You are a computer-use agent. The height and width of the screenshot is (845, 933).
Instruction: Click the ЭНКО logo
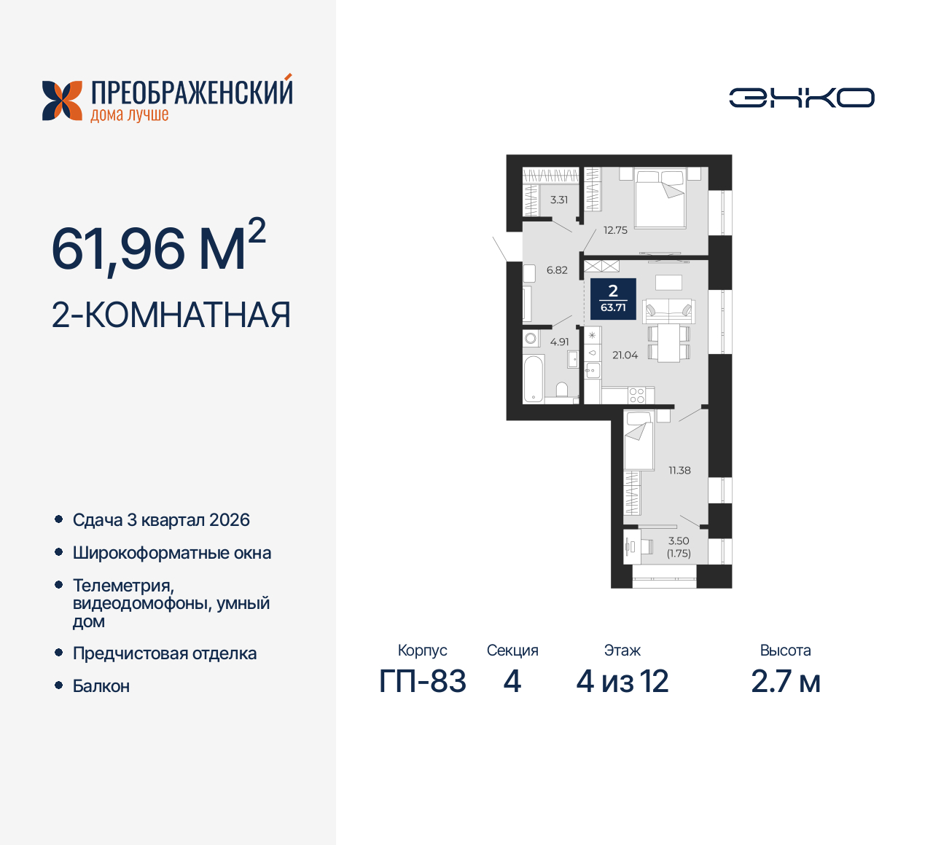click(801, 98)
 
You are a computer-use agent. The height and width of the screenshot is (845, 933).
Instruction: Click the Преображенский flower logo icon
click(62, 101)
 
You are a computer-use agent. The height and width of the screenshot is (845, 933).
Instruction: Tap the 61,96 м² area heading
click(158, 248)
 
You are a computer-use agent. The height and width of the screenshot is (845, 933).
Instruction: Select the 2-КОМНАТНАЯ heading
click(171, 315)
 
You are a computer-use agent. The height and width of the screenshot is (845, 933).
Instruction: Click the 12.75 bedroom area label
click(615, 230)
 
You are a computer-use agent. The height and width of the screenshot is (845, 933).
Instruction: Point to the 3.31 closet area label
click(559, 200)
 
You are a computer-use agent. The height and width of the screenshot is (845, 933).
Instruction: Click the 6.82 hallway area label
click(557, 270)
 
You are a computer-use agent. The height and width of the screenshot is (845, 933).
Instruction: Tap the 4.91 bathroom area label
click(560, 342)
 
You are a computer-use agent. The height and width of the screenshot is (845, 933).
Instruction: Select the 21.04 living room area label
click(625, 355)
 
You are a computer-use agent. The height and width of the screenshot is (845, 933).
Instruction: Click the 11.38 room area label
click(679, 471)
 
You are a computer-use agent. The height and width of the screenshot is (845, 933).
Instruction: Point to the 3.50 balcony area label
click(679, 541)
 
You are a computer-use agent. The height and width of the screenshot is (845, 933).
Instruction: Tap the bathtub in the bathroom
click(534, 378)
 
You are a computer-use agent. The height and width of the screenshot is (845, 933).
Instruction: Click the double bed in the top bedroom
click(660, 198)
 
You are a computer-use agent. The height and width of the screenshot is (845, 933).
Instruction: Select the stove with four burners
click(636, 396)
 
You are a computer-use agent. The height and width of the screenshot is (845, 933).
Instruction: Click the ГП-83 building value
click(423, 682)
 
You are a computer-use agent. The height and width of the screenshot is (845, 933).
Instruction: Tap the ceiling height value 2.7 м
click(786, 682)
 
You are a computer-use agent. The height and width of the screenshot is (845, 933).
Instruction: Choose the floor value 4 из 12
click(622, 682)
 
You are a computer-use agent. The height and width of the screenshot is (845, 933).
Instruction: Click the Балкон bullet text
click(101, 686)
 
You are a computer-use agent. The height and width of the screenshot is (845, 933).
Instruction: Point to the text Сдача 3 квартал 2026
click(161, 520)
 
